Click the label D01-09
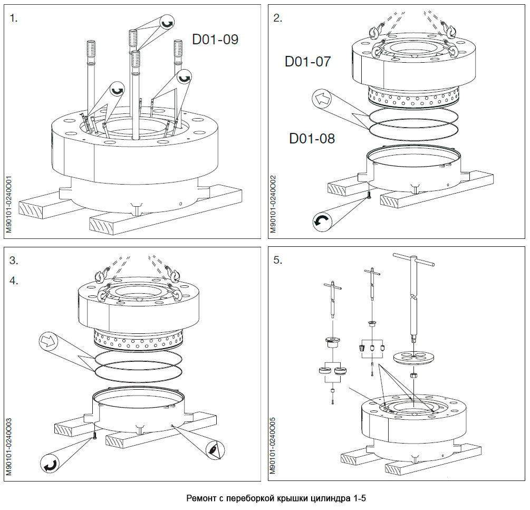[x=215, y=40]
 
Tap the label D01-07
[x=308, y=62]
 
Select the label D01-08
[x=312, y=139]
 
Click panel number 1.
[x=13, y=18]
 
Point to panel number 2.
[x=277, y=18]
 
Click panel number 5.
[x=277, y=260]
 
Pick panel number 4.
[x=13, y=281]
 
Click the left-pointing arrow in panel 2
[x=321, y=98]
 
